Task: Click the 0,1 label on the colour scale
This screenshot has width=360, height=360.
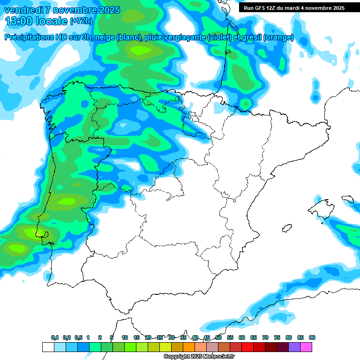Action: (55, 337)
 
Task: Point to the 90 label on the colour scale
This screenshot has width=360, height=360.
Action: (312, 337)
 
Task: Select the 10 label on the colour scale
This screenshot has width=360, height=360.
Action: (125, 337)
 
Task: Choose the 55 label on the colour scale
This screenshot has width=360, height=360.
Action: (230, 337)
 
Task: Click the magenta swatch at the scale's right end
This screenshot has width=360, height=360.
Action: (306, 347)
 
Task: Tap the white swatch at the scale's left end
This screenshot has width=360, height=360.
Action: (48, 347)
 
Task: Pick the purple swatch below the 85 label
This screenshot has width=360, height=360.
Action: (294, 347)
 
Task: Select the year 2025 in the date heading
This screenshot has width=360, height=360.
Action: (109, 10)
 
